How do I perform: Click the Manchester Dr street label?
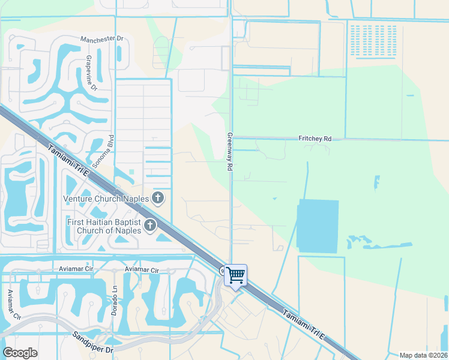[x=102, y=38]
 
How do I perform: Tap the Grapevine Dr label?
[x=91, y=73]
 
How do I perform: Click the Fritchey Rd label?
[x=315, y=138]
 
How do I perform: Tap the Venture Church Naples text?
[x=106, y=199]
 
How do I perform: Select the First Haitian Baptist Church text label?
[x=103, y=226]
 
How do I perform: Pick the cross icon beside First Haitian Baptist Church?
[x=150, y=226]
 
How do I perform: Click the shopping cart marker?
[x=235, y=275]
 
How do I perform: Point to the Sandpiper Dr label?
[x=93, y=341]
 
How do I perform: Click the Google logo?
[x=20, y=353]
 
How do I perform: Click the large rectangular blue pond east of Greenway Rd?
[x=318, y=226]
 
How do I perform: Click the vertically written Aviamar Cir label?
[x=11, y=304]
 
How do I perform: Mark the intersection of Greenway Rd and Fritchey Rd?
[x=231, y=138]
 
